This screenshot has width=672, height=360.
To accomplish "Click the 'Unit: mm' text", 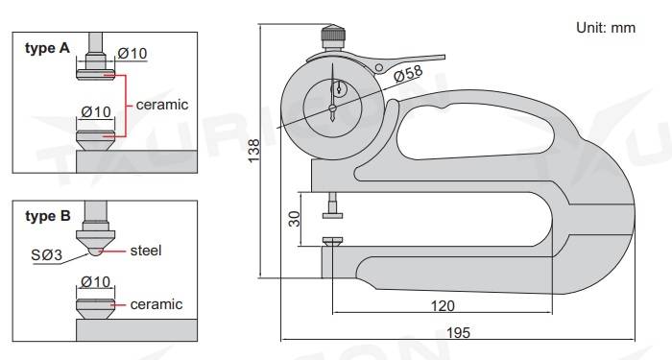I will tap(606, 27).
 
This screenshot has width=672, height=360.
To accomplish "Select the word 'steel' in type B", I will tap(145, 251).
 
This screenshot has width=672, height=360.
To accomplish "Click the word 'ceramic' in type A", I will tap(162, 104).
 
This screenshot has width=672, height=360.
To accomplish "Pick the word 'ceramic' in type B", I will tap(156, 304).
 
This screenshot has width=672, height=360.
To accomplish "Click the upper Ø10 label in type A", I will tap(132, 54).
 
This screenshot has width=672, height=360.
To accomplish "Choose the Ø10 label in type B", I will tap(98, 282).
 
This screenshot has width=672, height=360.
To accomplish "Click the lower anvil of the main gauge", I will tap(332, 244).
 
